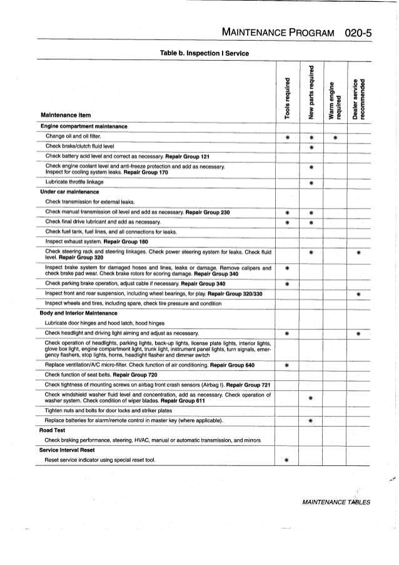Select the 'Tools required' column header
(288, 97)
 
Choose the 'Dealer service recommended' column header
(358, 97)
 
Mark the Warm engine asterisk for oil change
(335, 137)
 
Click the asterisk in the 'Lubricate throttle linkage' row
(311, 182)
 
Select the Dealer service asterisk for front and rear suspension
(358, 294)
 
